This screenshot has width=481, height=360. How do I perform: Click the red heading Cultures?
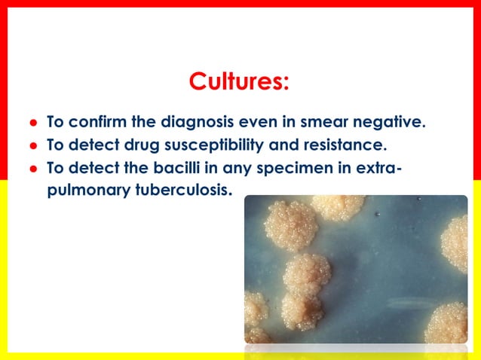click(x=239, y=81)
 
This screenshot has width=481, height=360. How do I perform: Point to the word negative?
click(x=395, y=121)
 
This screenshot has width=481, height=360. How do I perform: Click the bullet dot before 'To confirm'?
click(x=32, y=122)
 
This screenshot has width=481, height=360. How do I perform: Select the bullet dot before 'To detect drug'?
click(x=32, y=145)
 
